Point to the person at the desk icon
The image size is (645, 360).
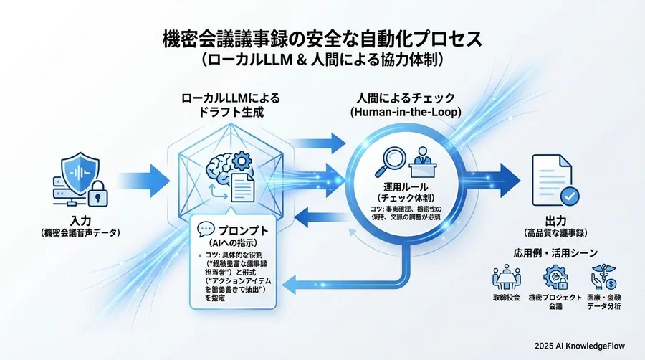click(422, 160)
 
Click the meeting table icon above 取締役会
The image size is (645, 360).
click(507, 278)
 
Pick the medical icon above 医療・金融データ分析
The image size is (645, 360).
click(601, 278)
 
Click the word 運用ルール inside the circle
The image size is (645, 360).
click(401, 185)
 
